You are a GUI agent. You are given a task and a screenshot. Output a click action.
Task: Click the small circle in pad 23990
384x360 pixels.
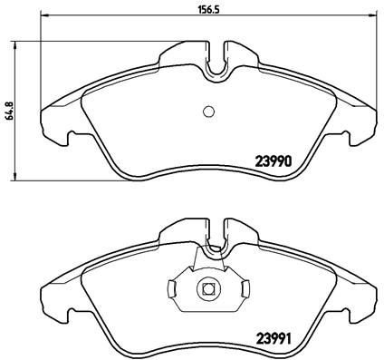206,112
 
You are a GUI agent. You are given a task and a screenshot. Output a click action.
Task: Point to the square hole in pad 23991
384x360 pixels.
206,290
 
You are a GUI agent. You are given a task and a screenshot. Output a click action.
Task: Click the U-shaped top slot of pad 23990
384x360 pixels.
216,63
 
